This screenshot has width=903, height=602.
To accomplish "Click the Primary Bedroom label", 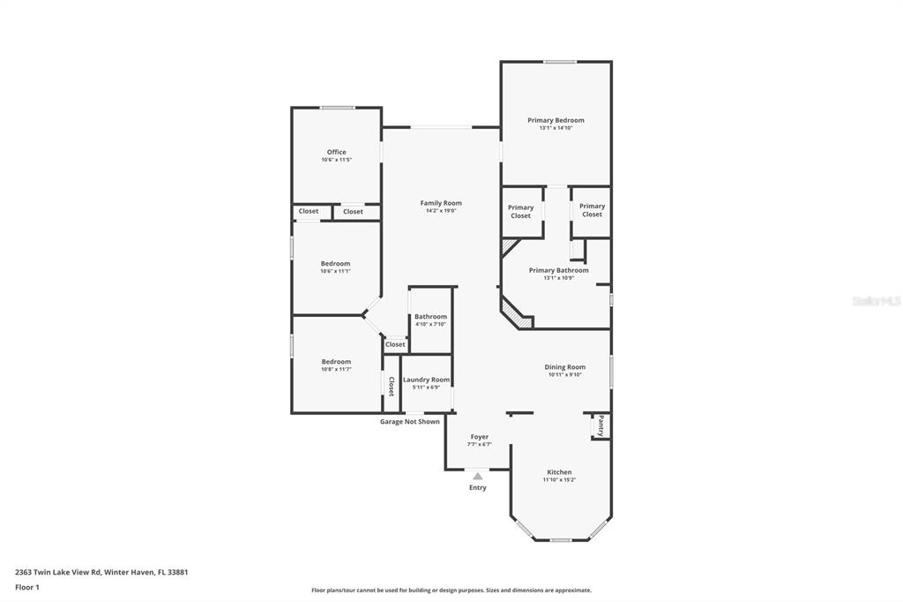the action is tap(556, 120).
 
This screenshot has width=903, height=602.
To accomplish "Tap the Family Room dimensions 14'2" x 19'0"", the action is tap(441, 211).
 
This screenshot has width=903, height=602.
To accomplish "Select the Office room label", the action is tap(336, 152).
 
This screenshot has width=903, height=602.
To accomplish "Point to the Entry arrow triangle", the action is tap(477, 477).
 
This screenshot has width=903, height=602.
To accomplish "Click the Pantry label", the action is tap(601, 425).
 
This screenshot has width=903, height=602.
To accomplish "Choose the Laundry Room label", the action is tap(426, 380).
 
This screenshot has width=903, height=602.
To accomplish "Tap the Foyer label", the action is tap(479, 437).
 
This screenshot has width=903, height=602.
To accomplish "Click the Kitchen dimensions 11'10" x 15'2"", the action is tap(559, 480).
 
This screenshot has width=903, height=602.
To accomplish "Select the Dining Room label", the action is tap(565, 366).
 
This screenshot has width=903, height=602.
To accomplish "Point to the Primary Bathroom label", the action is tap(558, 270).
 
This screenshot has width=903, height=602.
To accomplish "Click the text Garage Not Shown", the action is tap(409, 422).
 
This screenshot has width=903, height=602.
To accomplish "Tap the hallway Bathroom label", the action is tap(430, 317).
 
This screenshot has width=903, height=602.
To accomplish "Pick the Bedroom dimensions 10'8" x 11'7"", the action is tap(336, 369).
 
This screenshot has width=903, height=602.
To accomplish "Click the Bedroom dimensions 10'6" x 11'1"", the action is tap(336, 271).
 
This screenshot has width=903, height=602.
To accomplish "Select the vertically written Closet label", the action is tap(392, 386).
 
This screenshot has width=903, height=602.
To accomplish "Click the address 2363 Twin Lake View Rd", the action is tap(57, 572).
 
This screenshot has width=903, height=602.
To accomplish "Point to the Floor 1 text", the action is tap(27, 587).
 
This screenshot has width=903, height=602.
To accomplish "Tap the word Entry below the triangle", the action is tap(477, 487).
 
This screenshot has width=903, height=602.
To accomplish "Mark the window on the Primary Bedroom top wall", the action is tap(560, 62).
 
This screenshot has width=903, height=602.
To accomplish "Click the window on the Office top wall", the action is tap(338, 108).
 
